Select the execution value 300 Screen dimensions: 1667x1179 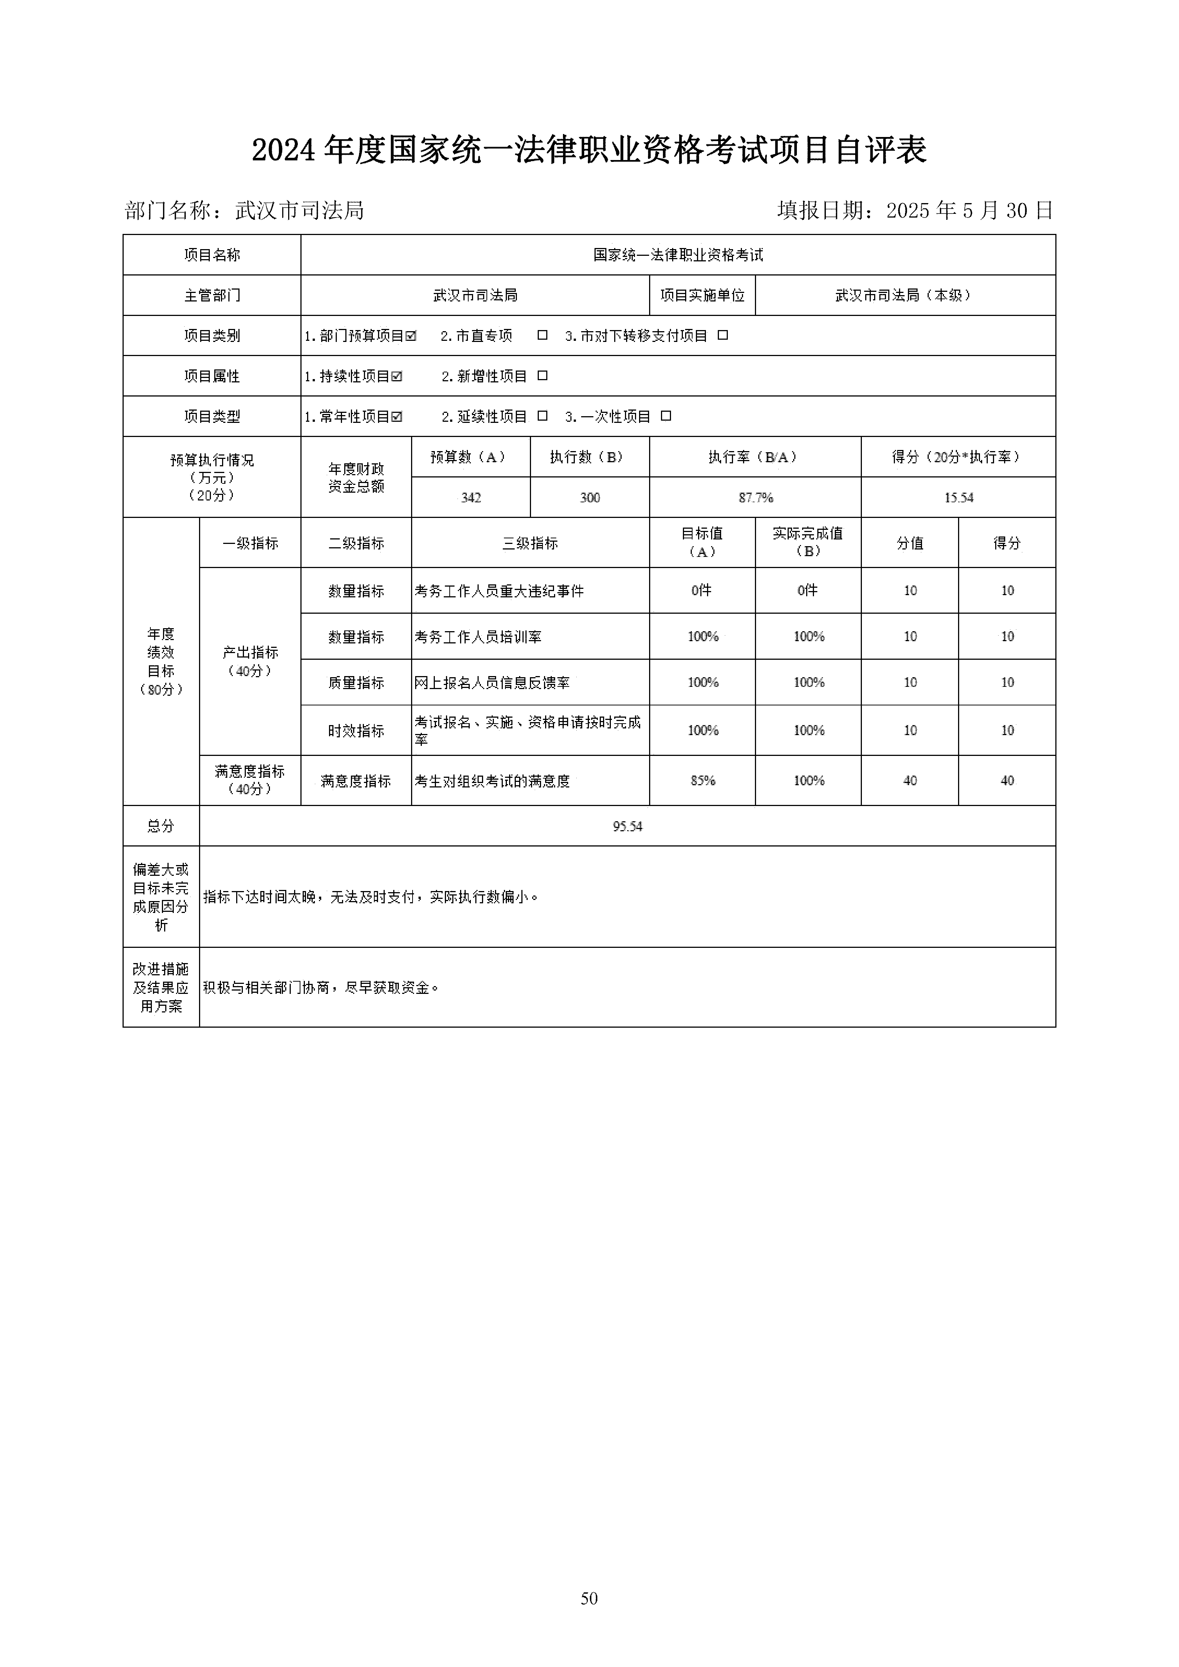pyautogui.click(x=590, y=498)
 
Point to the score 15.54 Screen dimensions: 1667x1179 pyautogui.click(x=958, y=498)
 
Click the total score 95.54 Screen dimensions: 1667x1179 pyautogui.click(x=627, y=826)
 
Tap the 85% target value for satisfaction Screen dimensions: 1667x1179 pyautogui.click(x=702, y=780)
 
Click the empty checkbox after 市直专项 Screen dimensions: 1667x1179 pyautogui.click(x=541, y=335)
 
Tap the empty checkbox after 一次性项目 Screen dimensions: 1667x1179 pyautogui.click(x=666, y=416)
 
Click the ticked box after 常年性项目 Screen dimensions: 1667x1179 pyautogui.click(x=396, y=417)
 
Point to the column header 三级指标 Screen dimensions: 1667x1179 pyautogui.click(x=530, y=543)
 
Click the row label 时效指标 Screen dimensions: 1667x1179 pyautogui.click(x=356, y=730)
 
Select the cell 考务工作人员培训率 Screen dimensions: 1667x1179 pyautogui.click(x=478, y=637)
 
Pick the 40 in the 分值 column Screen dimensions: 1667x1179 pyautogui.click(x=910, y=780)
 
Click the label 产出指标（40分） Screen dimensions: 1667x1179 pyautogui.click(x=250, y=661)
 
